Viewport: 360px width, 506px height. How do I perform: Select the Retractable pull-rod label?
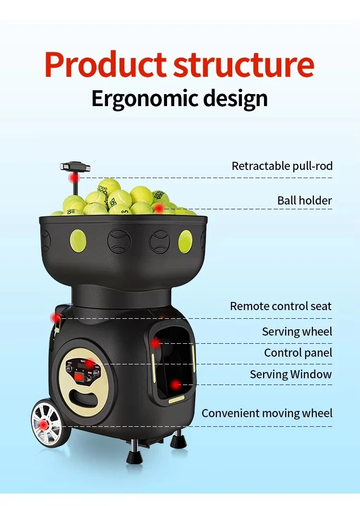coord(282,166)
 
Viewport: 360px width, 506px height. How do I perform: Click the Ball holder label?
coord(304,200)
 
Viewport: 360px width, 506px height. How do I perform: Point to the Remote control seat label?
coord(281,306)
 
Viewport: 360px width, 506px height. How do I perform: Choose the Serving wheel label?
coord(297,331)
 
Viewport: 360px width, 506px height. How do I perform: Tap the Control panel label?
coord(298,353)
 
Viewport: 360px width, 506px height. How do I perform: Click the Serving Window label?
coord(291,374)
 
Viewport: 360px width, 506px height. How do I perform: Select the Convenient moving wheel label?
coord(267,413)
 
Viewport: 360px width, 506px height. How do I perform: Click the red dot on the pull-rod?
coord(75,178)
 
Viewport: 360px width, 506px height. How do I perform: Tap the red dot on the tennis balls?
coord(159,208)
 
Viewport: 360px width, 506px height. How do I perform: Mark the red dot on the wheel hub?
coord(43,425)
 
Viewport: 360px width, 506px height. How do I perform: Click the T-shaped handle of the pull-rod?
coord(75,167)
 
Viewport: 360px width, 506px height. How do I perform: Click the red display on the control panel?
coord(79,376)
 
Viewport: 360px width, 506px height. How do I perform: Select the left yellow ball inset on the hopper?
coord(78,241)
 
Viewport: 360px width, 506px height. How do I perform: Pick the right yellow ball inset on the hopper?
coord(185,241)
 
